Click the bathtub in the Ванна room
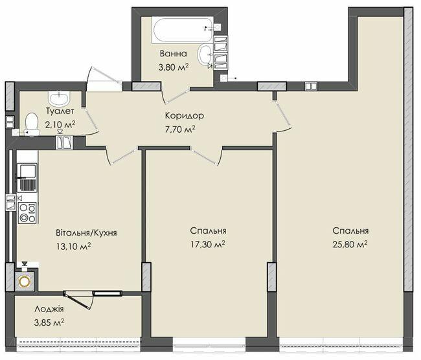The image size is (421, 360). coord(183,29)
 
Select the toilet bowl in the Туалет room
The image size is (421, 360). coord(32,124)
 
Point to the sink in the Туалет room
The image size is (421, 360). coord(60,98)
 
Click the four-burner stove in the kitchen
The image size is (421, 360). coord(27,212)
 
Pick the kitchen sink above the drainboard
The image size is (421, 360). coord(27,170)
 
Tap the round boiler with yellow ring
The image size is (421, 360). coord(25,281)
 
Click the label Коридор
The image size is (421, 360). coord(185,116)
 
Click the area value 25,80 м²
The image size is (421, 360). coord(350,245)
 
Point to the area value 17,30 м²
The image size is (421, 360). coord(207,245)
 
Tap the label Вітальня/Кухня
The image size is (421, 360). coord(86,232)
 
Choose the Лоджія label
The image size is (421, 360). coord(49,309)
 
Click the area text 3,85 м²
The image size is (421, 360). coord(49,322)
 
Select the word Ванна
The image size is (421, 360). coord(173,54)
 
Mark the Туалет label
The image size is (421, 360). coord(60,111)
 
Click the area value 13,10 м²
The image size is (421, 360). coord(73,246)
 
